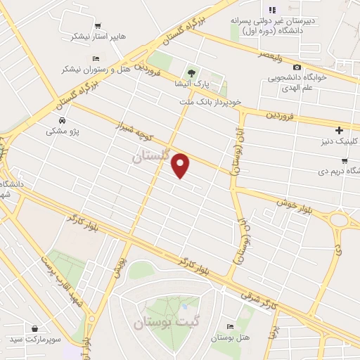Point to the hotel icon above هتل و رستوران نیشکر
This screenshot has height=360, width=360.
point(96,58)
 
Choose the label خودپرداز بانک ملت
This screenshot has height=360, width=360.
point(210,101)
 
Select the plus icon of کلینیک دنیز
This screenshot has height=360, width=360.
point(339,130)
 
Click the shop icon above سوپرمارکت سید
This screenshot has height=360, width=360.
point(35,328)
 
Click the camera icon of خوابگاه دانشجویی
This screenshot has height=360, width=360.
point(297,67)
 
